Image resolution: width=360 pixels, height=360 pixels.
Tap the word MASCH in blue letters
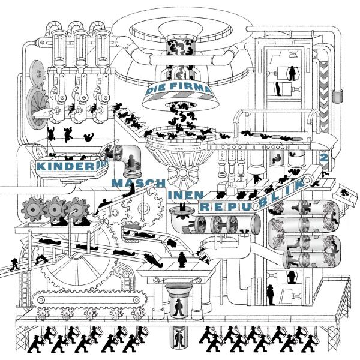click(x=128, y=179)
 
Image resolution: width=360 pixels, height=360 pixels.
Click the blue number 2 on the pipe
click(x=324, y=157)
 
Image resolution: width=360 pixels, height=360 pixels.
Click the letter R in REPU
click(x=206, y=206)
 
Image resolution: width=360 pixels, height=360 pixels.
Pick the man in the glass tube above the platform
click(x=179, y=307)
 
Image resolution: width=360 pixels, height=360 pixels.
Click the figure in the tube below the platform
click(x=179, y=338)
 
